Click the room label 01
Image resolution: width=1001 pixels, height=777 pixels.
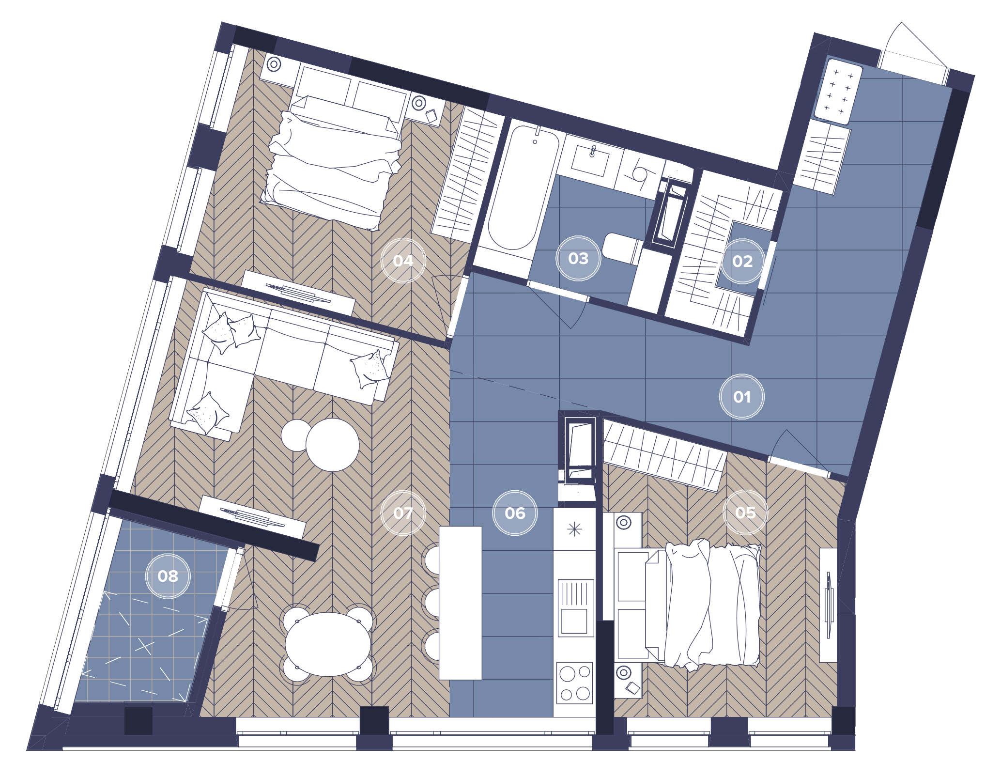[x=741, y=397]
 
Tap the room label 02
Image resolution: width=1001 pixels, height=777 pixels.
[x=742, y=261]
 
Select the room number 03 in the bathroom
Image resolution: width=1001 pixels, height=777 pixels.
[x=578, y=258]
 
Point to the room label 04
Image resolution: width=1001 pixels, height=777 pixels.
[x=403, y=261]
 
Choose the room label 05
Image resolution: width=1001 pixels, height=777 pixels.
[x=745, y=513]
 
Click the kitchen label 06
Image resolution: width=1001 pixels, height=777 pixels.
[x=515, y=513]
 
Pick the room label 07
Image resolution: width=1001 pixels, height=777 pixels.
[x=403, y=513]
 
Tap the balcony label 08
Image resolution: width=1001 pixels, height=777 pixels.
[x=168, y=576]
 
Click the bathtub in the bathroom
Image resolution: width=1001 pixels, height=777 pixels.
[x=523, y=188]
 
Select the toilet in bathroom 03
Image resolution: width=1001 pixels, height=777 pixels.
[x=622, y=249]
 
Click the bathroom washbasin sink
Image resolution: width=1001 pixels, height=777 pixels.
[x=590, y=160]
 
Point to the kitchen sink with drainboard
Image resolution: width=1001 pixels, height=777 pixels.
[x=575, y=608]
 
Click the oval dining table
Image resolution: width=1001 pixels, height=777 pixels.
[x=328, y=644]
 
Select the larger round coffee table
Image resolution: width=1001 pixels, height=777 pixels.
[x=333, y=445]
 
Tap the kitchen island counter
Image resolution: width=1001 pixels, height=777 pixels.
[x=460, y=603]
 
